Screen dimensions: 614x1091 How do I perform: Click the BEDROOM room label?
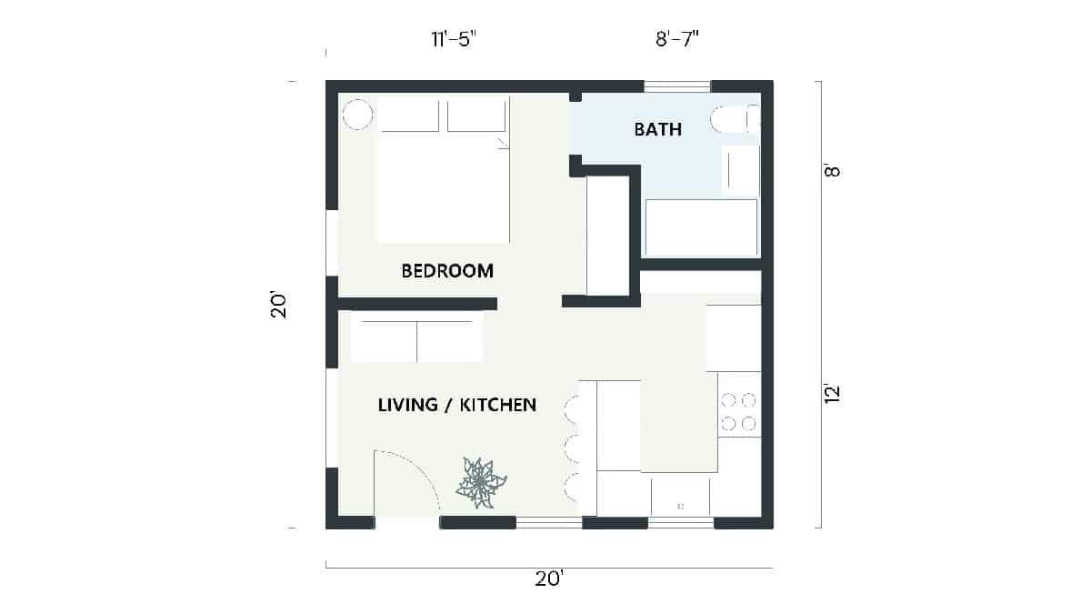tap(447, 271)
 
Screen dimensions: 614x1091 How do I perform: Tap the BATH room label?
tap(657, 129)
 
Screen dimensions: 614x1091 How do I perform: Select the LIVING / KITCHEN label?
tap(456, 405)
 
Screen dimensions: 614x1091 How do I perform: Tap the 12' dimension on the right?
tap(831, 394)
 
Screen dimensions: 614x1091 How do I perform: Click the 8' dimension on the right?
tap(831, 171)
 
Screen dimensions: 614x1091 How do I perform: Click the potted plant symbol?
tap(479, 482)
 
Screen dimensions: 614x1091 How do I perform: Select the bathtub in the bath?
tap(700, 228)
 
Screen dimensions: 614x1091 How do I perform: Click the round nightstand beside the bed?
tap(357, 115)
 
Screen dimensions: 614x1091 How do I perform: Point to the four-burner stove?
tap(738, 411)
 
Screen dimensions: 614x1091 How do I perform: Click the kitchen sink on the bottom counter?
tap(680, 497)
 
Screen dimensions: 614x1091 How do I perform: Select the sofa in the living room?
tap(416, 337)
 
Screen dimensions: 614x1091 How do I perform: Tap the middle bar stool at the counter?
tap(573, 447)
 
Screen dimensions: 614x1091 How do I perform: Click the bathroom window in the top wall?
tap(677, 86)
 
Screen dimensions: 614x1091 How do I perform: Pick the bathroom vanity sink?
tap(740, 169)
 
